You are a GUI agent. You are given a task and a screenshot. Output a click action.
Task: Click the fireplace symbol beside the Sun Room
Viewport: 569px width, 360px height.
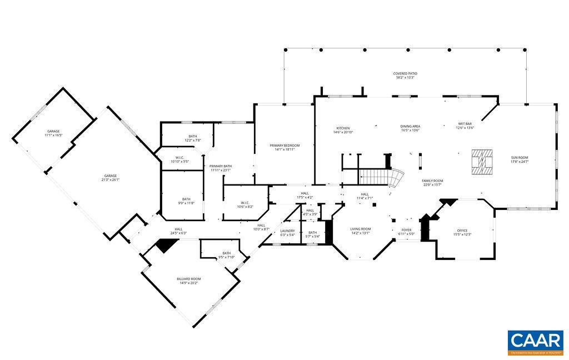[482, 162]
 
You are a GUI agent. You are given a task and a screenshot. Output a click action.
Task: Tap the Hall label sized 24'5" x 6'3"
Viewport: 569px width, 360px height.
[179, 231]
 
